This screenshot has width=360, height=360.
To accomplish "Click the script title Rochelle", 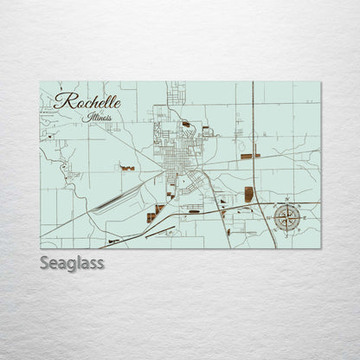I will [x=87, y=101].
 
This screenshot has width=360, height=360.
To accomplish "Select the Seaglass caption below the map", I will [x=72, y=263].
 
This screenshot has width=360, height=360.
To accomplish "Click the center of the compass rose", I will [x=287, y=217].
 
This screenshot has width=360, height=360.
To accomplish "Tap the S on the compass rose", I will [x=287, y=233].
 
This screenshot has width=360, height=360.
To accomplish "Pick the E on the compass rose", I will [x=303, y=217].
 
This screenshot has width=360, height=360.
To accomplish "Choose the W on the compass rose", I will [x=272, y=217].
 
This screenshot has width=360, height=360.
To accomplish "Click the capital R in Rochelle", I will [x=61, y=101].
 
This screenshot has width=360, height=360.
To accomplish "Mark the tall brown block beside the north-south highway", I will [x=249, y=194].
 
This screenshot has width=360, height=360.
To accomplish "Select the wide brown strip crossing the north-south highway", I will [x=250, y=156].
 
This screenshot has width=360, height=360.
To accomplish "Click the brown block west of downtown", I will [x=128, y=167].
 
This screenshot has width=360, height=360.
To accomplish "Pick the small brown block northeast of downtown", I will [x=187, y=124].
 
